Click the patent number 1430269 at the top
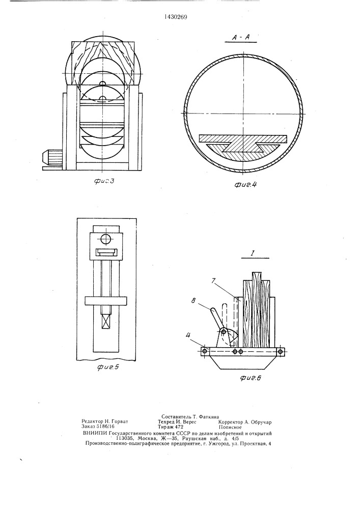point(176,17)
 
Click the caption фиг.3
point(104,182)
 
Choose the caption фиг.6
point(251,378)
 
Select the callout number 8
point(194,301)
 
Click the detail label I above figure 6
point(252,252)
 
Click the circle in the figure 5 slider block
point(106,239)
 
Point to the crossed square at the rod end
point(106,322)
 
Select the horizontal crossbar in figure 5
point(105,301)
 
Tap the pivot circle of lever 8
point(223,331)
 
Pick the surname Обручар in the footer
point(261,422)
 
